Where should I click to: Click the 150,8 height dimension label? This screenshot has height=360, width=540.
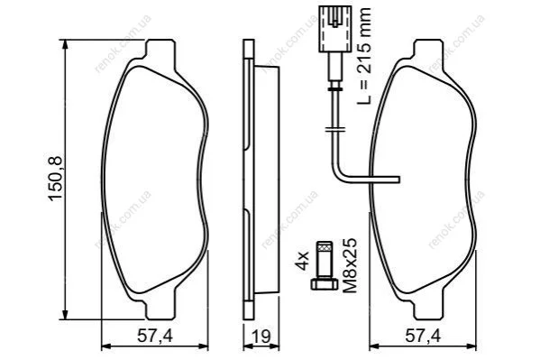coord(56,178)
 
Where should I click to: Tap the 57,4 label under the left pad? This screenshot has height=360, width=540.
coord(155,337)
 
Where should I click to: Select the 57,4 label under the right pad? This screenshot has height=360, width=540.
coord(423,337)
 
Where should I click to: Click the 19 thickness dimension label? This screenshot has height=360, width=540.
coord(261,337)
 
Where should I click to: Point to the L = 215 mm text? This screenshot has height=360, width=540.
coord(363,56)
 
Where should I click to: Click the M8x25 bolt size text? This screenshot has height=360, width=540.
coord(351,265)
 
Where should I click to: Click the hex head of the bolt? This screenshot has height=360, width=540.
coord(325,283)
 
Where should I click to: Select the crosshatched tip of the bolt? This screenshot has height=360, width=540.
coord(325,246)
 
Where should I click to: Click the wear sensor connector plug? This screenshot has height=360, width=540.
coord(335,29)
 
